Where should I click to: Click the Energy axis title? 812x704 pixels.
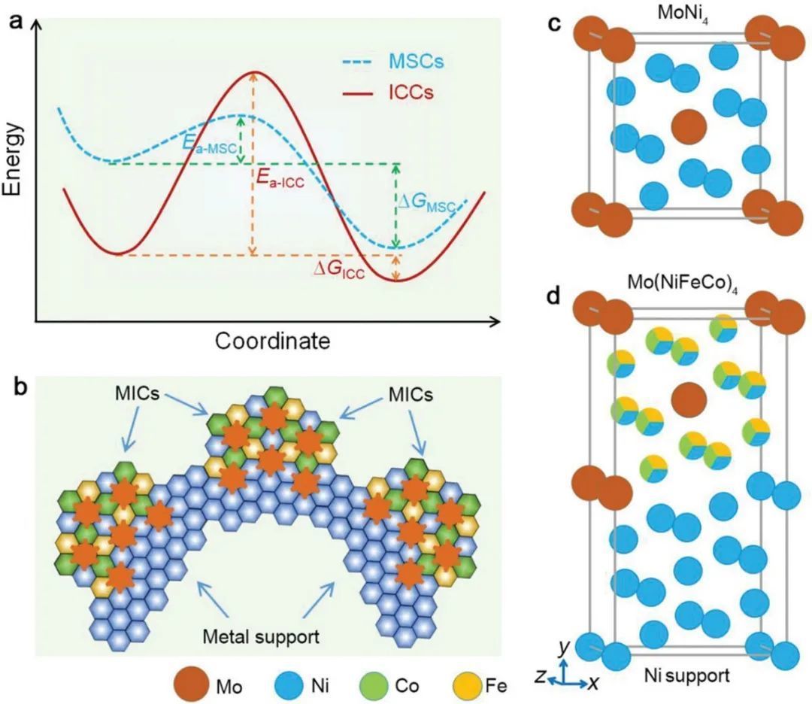click(x=14, y=159)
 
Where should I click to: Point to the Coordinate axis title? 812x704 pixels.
click(x=272, y=341)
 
